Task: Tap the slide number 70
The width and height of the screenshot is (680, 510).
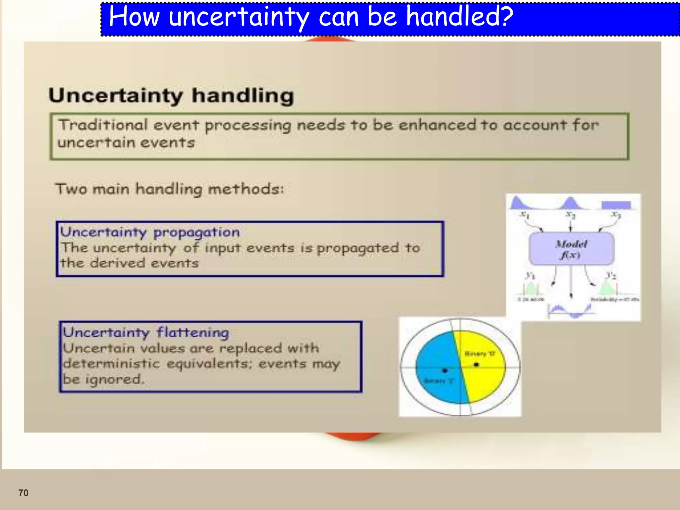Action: (x=23, y=493)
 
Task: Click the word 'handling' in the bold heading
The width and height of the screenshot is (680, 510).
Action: (x=243, y=96)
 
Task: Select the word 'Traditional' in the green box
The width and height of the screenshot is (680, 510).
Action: (x=103, y=125)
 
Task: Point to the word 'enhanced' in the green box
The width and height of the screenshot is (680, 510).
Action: (x=437, y=125)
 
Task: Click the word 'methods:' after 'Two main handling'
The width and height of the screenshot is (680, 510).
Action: (x=246, y=189)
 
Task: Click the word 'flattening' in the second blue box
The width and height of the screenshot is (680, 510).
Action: (x=193, y=332)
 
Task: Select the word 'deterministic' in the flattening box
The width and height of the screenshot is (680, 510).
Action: (x=112, y=364)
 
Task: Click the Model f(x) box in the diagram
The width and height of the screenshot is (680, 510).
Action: (x=571, y=249)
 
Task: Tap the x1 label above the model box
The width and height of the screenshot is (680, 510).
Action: (x=524, y=215)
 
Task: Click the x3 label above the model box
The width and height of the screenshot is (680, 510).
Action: (x=616, y=215)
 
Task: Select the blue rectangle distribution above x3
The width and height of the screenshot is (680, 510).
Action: (x=616, y=205)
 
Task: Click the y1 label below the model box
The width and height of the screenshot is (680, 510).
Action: (x=530, y=275)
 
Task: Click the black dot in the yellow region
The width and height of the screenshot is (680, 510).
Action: (x=476, y=365)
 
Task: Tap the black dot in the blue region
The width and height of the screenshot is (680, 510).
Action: (x=445, y=370)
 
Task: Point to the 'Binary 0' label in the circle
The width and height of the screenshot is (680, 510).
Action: (x=479, y=354)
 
